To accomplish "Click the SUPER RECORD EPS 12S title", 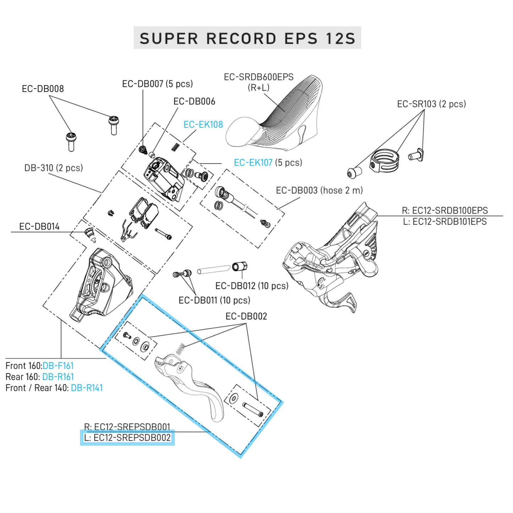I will click(247, 38).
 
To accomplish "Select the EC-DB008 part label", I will click(43, 89).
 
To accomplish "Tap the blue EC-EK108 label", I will click(203, 125).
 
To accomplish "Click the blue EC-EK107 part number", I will click(253, 163).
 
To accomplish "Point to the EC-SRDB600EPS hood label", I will click(258, 77).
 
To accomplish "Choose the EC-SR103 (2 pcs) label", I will click(431, 104).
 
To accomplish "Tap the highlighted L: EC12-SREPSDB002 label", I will click(127, 438).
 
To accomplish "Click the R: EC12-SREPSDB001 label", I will click(127, 426).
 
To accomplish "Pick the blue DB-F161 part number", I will click(58, 366).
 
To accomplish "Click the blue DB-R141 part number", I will click(87, 388).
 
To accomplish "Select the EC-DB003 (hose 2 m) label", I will click(319, 191).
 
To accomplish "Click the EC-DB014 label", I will click(39, 227).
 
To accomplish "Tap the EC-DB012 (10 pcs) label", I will click(252, 286).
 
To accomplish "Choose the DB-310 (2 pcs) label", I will click(53, 168).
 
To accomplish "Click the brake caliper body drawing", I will click(101, 284).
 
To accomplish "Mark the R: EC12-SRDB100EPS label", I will click(444, 210).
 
